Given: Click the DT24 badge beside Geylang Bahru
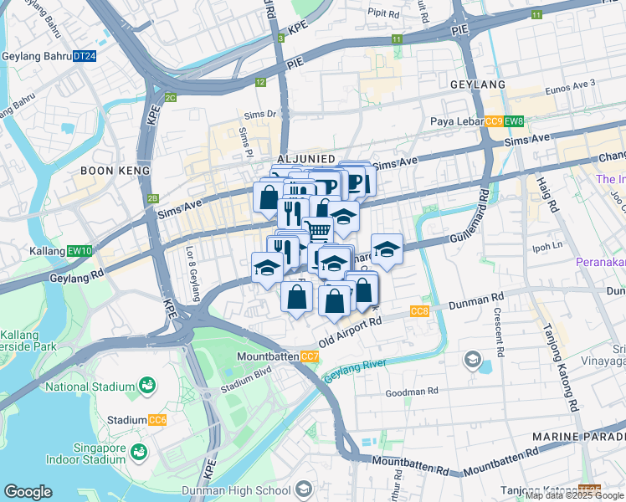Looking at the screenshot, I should [x=85, y=56].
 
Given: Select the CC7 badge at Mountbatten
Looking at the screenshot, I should [x=310, y=357].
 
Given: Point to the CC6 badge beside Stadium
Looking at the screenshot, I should [x=157, y=420].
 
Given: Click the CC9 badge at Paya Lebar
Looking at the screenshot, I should [x=494, y=121].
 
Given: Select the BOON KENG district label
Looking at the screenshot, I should [x=115, y=171].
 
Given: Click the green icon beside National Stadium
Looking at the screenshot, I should [x=147, y=386].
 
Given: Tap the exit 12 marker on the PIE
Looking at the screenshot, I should [x=261, y=82].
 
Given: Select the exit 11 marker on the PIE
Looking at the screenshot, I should [x=396, y=39].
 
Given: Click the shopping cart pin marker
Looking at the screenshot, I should [x=317, y=229].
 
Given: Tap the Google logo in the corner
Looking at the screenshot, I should [x=28, y=492].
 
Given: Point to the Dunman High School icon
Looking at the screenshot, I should [x=303, y=488].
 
